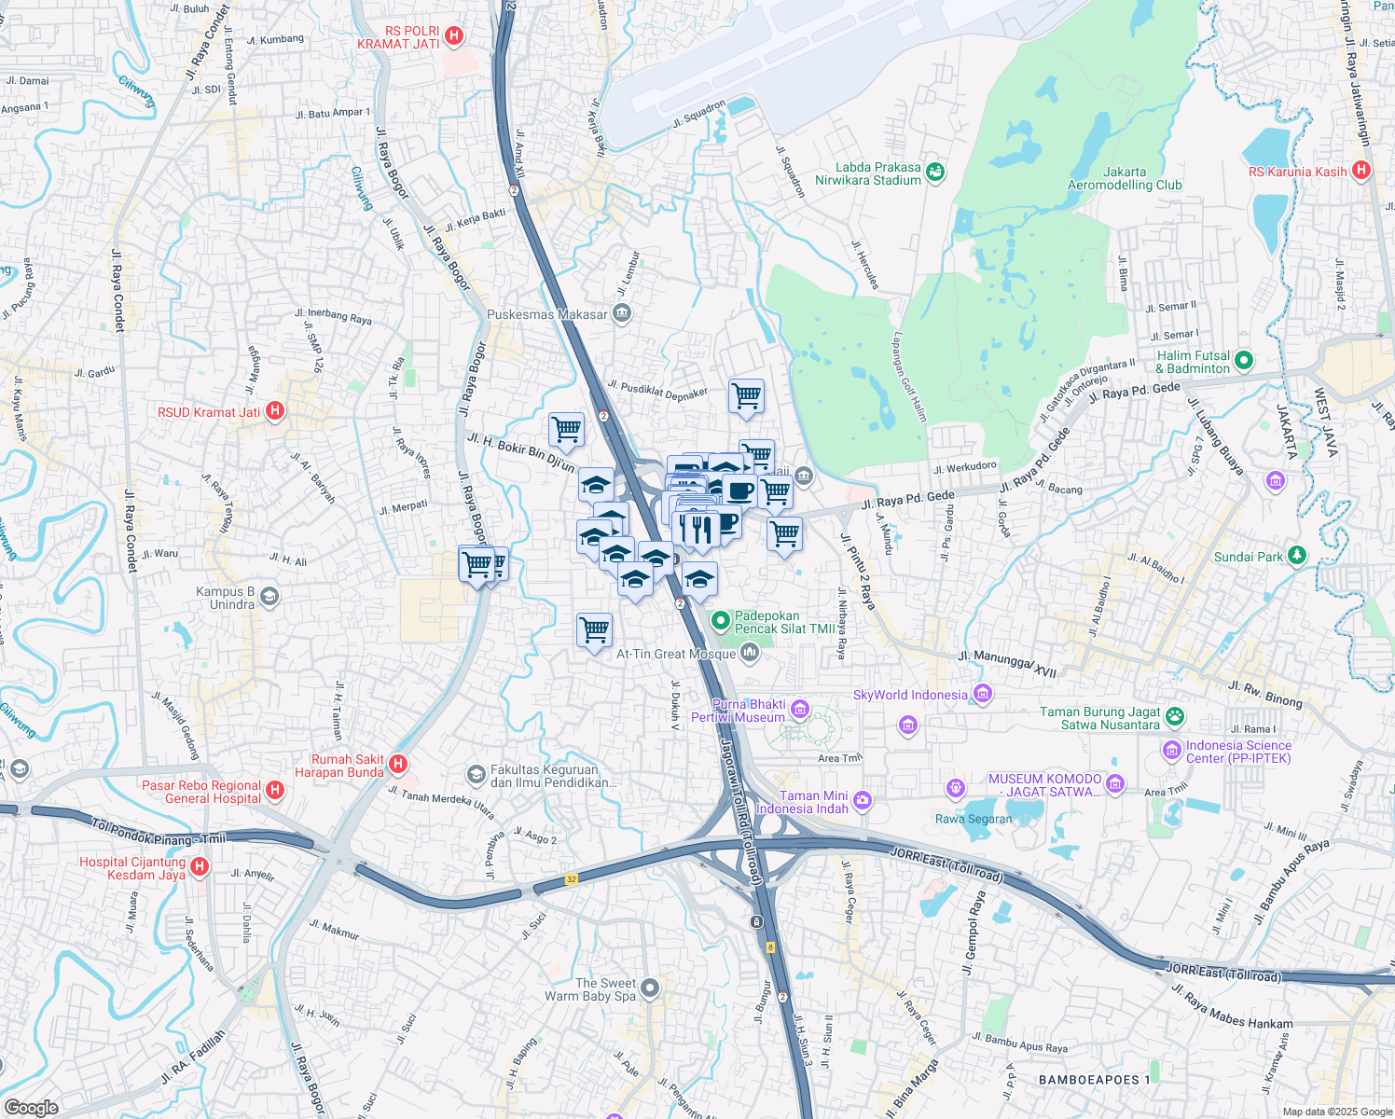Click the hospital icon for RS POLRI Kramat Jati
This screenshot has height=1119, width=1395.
pos(454,36)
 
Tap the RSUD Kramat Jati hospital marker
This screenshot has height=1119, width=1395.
pos(275,411)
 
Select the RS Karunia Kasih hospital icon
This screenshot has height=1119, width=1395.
pos(1361,171)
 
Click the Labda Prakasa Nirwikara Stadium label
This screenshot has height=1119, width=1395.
pos(867,173)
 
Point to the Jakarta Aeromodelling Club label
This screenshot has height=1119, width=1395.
pos(1125,178)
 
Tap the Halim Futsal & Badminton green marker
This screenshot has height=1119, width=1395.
pos(1243,361)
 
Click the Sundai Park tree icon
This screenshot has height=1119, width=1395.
pos(1296,556)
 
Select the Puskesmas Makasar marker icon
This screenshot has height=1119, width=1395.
pos(623,313)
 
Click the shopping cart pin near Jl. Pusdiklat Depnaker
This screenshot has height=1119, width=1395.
pos(746,396)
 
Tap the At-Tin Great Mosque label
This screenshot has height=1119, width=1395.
pos(676,654)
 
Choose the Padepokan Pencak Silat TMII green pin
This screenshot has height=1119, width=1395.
pos(719,620)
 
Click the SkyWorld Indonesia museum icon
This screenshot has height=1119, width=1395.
pos(982,694)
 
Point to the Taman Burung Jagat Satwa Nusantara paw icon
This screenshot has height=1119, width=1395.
pos(1175,717)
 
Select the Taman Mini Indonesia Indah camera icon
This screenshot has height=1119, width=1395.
pos(863,800)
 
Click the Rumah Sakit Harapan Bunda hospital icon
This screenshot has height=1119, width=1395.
pos(398,765)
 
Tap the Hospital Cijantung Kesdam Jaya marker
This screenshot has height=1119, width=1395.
pos(200,867)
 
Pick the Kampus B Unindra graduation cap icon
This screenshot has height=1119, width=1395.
pos(269,597)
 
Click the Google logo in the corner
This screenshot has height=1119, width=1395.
pos(31,1107)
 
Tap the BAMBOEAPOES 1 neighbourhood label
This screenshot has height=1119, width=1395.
pos(1095,1080)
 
